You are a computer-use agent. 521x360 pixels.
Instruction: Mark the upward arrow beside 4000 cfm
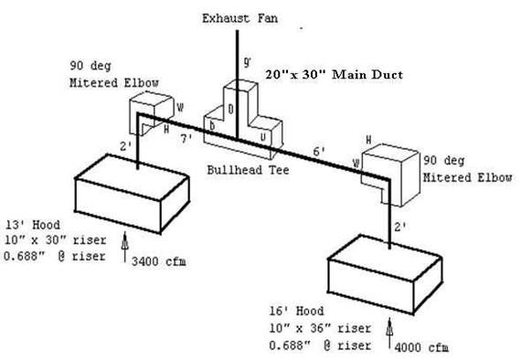click(x=391, y=337)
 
